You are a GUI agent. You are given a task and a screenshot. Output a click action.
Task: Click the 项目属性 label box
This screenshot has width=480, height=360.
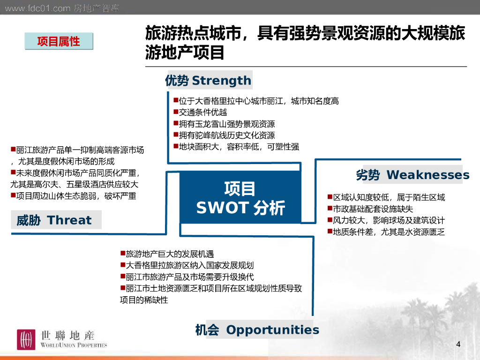[x=59, y=41]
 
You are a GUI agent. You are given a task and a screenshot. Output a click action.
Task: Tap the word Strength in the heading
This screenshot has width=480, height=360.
[x=222, y=81]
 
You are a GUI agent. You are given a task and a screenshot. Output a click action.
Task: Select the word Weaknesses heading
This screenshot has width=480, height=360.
[x=428, y=174]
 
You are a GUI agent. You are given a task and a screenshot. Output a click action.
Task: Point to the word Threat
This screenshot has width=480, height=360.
[x=69, y=220]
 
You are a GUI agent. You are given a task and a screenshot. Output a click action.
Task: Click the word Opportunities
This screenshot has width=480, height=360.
[x=273, y=330]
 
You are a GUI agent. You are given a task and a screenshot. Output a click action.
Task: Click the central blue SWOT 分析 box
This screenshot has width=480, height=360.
[x=240, y=197]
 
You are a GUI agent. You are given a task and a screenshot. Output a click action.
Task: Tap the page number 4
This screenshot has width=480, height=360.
[x=458, y=344]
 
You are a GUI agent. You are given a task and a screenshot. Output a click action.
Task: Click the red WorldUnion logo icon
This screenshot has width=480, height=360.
[x=26, y=339]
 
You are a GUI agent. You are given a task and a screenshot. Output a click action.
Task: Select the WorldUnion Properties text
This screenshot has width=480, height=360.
[x=74, y=345]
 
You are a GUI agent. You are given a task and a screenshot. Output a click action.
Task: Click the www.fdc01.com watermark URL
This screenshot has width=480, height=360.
[x=37, y=8]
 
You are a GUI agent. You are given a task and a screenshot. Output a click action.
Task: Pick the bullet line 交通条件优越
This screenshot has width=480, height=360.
[x=200, y=112]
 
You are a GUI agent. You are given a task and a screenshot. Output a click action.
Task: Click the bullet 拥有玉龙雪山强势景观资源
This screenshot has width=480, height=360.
[x=224, y=124]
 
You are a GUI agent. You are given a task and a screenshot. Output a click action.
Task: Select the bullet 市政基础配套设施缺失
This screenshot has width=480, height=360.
[x=370, y=209]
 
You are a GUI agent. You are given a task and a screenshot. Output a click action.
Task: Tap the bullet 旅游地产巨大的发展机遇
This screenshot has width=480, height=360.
[x=167, y=254]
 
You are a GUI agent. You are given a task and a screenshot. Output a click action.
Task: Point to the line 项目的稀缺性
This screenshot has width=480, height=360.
[x=144, y=300]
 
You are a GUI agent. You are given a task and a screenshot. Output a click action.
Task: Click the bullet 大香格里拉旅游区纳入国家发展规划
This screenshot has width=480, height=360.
[x=187, y=265]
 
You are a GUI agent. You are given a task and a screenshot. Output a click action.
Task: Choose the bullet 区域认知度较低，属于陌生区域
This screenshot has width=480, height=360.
[x=386, y=197]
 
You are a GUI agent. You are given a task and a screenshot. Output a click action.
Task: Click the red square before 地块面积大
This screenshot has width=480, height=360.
[x=176, y=146]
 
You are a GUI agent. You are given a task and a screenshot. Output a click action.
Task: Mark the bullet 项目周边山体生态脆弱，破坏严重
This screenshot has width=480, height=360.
[x=74, y=195]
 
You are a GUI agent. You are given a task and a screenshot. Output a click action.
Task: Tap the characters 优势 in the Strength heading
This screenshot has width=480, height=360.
[x=177, y=81]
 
